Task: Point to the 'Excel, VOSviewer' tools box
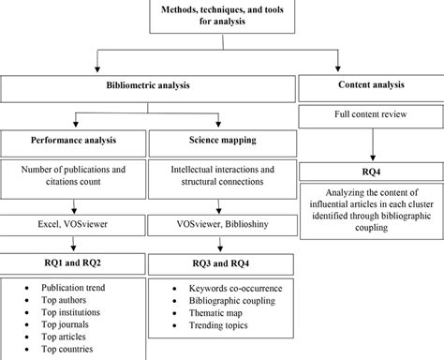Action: pyautogui.click(x=73, y=225)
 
